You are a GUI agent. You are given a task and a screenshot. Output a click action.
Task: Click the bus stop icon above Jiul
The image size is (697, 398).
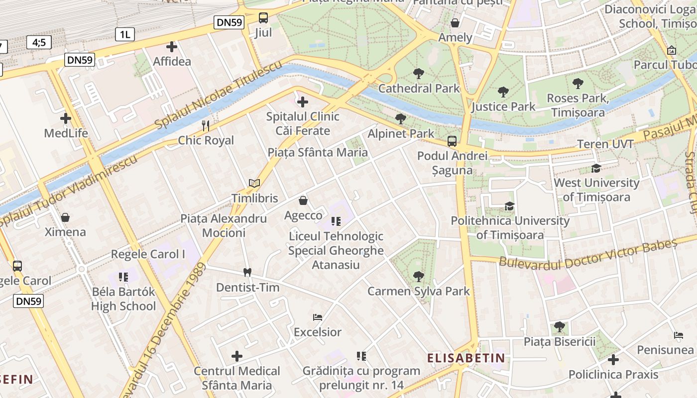tap(263, 18)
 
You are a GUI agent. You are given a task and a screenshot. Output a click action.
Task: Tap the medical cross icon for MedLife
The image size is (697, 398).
tap(66, 118)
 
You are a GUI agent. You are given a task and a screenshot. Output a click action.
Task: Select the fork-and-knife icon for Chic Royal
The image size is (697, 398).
tap(206, 125)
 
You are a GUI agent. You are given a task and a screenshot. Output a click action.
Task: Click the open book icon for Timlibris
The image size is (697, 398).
tap(254, 183)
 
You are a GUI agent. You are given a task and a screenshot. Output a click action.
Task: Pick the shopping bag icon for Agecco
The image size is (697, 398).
tap(303, 200)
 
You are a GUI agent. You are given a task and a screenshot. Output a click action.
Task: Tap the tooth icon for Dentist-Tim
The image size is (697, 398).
tap(247, 272)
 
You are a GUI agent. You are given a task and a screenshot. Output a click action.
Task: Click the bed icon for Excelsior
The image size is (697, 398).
tap(318, 317)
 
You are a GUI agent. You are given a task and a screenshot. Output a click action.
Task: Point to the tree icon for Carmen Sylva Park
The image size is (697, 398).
tap(419, 276)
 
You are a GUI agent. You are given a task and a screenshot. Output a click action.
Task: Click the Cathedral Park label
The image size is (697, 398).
tap(419, 89)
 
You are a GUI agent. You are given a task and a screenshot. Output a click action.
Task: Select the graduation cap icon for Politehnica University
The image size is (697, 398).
tap(509, 206)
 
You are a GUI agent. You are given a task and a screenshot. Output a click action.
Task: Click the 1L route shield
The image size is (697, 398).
tap(124, 34)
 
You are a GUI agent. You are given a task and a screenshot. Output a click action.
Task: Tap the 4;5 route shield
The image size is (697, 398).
tap(39, 43)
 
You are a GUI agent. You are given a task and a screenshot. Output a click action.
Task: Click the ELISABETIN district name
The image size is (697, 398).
tap(466, 358)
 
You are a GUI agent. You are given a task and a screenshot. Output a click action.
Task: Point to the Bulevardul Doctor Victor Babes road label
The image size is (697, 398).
tap(588, 253)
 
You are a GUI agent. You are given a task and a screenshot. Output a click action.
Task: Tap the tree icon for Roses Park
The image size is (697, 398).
tap(578, 84)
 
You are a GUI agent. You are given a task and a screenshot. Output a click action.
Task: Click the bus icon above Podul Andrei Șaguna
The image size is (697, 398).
tap(452, 141)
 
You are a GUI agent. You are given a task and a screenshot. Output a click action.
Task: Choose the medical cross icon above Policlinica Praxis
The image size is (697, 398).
tap(613, 359)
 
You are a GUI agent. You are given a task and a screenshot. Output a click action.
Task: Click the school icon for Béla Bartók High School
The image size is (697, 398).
tap(123, 277)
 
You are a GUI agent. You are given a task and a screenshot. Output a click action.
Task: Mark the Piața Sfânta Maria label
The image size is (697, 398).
tap(318, 152)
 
